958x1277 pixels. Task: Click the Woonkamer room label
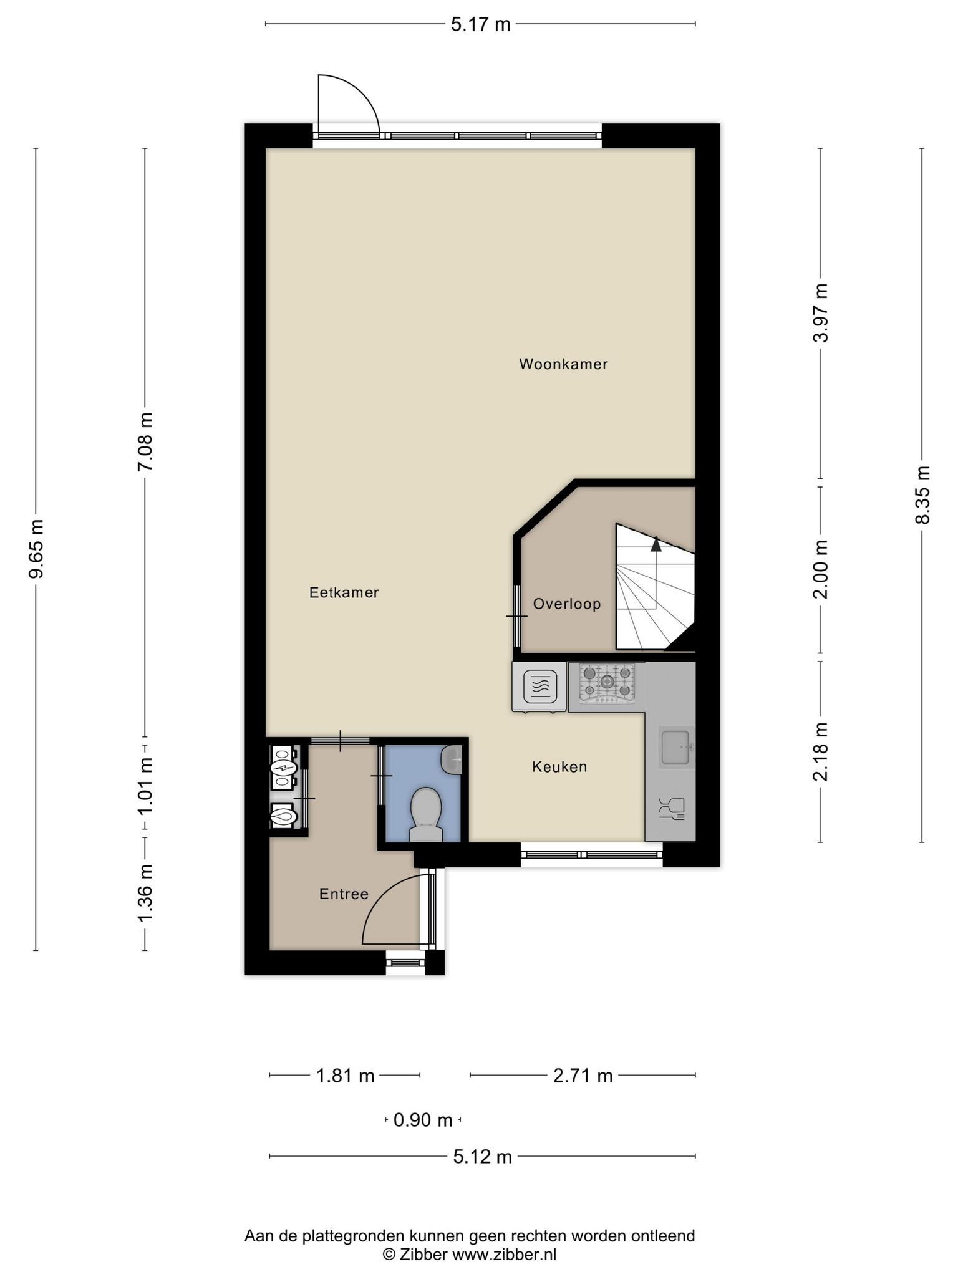pos(563,364)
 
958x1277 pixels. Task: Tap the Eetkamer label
pos(344,592)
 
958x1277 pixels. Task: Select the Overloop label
pos(567,604)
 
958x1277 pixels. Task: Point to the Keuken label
pos(559,766)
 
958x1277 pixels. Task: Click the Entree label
pos(344,894)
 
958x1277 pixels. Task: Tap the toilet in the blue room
pos(427,814)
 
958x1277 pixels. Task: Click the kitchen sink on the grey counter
pos(675,748)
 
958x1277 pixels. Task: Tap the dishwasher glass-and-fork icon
pos(671,807)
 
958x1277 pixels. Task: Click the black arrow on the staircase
pos(656,544)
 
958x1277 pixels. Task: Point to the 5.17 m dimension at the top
pos(480,24)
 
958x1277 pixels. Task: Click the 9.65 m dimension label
pos(36,549)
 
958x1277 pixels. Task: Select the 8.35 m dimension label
pos(922,495)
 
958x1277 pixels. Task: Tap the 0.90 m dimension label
pos(423,1120)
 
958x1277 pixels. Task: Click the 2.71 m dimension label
pos(583,1076)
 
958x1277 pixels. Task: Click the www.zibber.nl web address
pos(504,1255)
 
